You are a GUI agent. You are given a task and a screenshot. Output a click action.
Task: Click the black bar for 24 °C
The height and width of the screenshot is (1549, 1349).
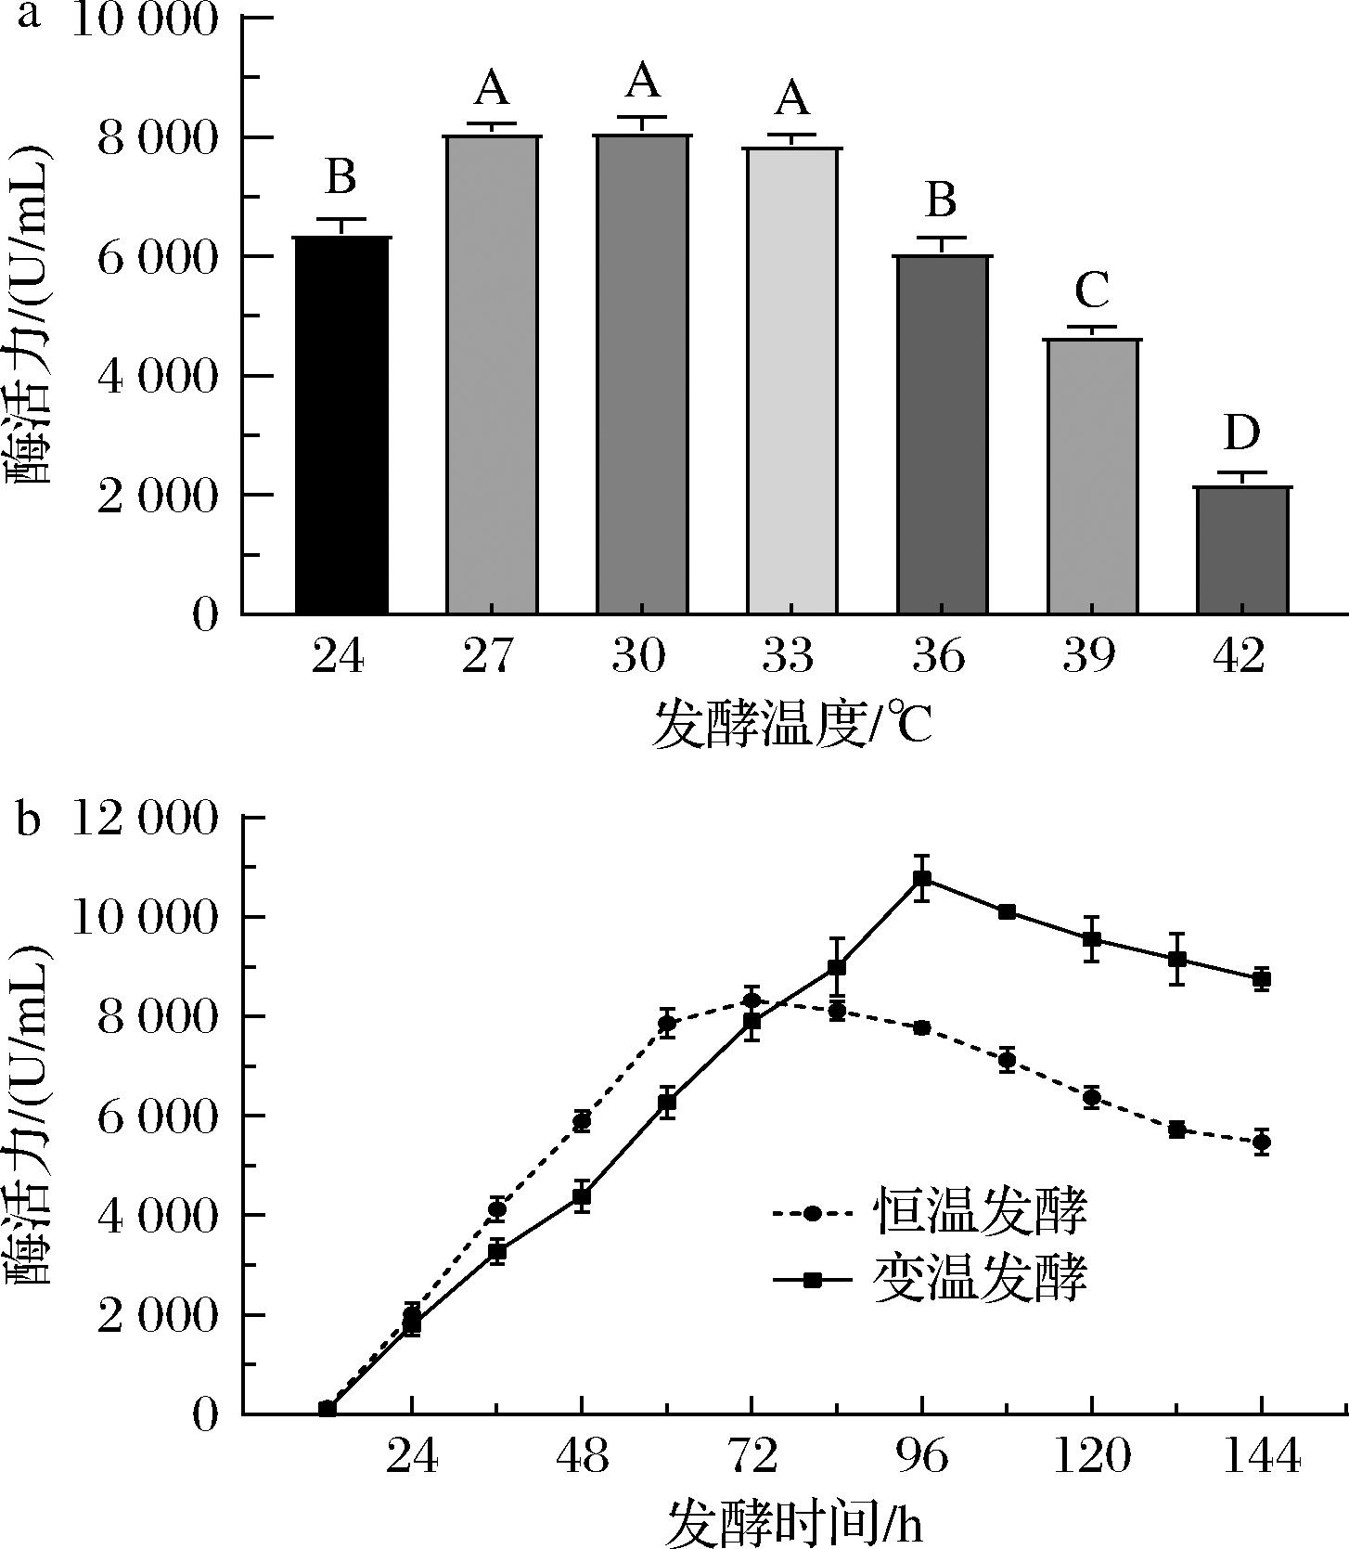(341, 425)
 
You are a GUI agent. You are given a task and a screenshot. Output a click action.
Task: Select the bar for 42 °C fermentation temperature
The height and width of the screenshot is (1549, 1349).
(1243, 549)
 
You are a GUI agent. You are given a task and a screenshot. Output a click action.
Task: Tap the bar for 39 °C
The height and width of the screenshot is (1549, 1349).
(1093, 476)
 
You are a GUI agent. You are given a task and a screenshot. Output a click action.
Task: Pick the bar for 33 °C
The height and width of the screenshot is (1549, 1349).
(792, 381)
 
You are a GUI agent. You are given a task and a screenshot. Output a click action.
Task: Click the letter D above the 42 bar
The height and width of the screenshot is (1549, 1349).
(1241, 432)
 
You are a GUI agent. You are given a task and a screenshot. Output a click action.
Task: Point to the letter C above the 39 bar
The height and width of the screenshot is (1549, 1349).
(1093, 290)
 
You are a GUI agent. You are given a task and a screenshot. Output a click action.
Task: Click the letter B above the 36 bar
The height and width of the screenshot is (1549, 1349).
(942, 200)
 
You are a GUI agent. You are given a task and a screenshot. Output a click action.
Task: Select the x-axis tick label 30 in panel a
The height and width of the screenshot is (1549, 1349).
(640, 656)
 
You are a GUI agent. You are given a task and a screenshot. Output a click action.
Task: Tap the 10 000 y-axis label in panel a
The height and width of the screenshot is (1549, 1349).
(144, 20)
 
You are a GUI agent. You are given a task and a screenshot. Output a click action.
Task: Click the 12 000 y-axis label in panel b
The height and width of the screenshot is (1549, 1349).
(144, 819)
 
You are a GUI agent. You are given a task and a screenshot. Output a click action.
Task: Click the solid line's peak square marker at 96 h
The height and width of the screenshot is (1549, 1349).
(922, 878)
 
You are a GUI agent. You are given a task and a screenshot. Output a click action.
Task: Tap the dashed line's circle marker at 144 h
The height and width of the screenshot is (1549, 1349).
(1262, 1142)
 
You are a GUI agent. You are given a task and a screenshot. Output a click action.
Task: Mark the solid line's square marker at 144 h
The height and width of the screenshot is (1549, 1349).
(1262, 978)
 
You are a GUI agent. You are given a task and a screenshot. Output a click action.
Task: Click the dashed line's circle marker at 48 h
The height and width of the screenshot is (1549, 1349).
(582, 1121)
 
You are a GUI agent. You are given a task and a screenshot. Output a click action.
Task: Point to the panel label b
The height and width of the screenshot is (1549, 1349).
(28, 820)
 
